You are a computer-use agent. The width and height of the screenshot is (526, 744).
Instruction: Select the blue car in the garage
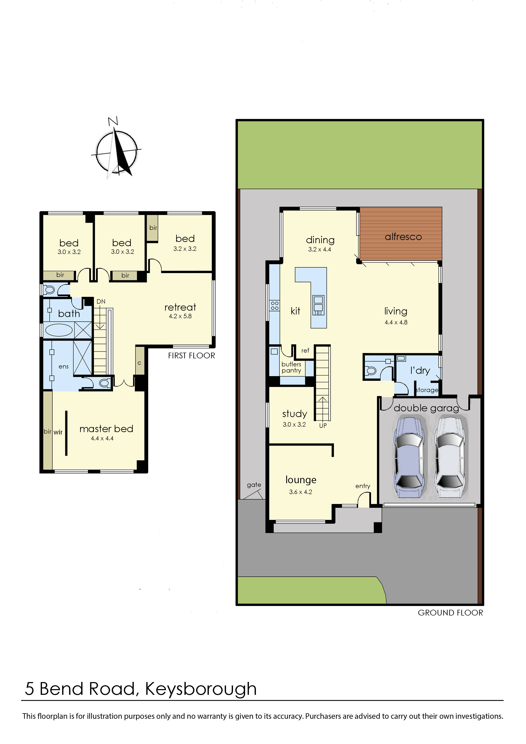[409, 457]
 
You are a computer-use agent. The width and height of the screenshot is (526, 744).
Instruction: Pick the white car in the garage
[451, 457]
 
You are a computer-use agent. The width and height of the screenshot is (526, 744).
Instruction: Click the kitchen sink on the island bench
[318, 304]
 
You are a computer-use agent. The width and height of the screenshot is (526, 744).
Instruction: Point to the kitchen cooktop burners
[275, 306]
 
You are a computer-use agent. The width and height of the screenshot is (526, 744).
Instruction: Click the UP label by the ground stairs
[323, 426]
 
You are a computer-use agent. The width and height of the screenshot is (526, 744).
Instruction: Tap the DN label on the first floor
[101, 301]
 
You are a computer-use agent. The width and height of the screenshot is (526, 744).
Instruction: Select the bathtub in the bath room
[59, 330]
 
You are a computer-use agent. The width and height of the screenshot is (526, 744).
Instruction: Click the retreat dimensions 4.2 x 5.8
[180, 316]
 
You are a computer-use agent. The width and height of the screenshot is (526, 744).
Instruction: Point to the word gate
[254, 484]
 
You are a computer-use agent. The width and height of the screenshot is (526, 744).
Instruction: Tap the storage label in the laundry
[427, 390]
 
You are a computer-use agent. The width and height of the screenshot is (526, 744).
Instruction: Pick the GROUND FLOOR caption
[450, 613]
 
